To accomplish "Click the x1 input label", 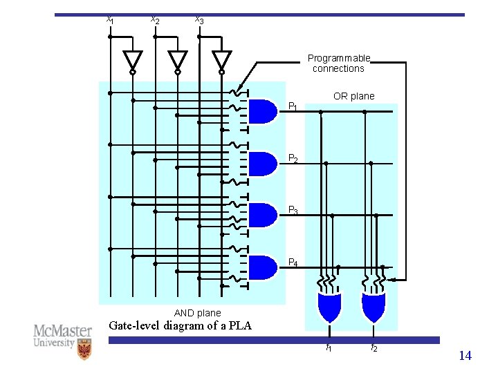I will click(110, 20).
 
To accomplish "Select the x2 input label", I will click(155, 20).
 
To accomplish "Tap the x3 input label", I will click(199, 20).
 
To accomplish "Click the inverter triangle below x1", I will click(132, 60).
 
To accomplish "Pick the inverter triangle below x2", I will click(177, 60).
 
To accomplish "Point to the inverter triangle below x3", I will click(221, 60).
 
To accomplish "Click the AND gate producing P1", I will click(261, 111).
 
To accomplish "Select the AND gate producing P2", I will click(261, 164).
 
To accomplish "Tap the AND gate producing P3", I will click(261, 215).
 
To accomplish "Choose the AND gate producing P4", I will click(261, 267).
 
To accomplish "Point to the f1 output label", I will click(329, 348).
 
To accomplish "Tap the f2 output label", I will click(373, 348).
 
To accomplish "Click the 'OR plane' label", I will click(353, 96).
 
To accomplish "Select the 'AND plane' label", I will click(198, 313).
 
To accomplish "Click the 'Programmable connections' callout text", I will click(339, 64).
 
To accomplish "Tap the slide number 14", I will click(465, 356).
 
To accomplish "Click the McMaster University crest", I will click(84, 350).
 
